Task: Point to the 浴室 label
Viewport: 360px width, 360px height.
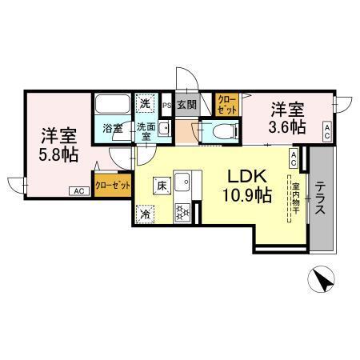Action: click(111, 126)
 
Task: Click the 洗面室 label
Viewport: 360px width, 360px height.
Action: click(144, 130)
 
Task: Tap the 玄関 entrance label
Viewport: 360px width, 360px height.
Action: click(186, 104)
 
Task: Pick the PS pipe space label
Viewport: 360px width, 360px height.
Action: click(167, 105)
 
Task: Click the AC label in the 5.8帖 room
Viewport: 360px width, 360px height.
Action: click(78, 191)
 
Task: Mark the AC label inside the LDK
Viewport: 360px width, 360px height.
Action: click(294, 158)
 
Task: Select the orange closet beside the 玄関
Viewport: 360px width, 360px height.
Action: click(226, 103)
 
